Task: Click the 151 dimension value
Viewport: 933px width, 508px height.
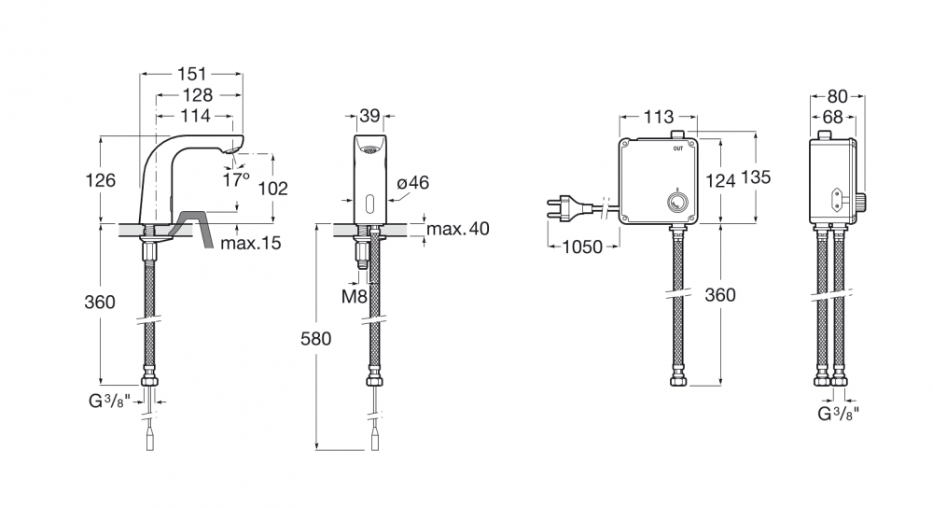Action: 191,74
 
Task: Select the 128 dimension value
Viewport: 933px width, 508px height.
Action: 198,94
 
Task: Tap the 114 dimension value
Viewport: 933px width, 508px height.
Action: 196,115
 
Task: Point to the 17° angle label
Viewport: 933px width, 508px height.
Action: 236,178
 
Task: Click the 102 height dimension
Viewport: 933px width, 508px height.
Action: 272,189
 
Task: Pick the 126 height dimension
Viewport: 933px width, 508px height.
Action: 100,180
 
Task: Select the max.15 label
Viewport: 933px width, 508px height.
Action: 250,243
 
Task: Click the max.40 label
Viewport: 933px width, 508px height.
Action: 457,228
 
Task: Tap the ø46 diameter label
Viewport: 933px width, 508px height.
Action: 413,182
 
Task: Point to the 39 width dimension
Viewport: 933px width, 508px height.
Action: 370,116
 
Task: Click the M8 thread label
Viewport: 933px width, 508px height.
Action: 354,296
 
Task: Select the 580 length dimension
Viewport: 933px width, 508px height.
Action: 315,338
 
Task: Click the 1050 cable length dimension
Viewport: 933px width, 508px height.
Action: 582,246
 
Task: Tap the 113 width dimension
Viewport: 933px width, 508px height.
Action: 659,117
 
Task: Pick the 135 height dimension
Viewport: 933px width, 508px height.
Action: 757,176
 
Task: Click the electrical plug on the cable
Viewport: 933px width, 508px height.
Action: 569,208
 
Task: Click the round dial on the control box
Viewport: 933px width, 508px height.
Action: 676,202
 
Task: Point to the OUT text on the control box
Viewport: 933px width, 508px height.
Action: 677,148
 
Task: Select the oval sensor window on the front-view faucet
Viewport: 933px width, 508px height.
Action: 370,204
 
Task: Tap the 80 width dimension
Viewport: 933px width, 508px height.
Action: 838,96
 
